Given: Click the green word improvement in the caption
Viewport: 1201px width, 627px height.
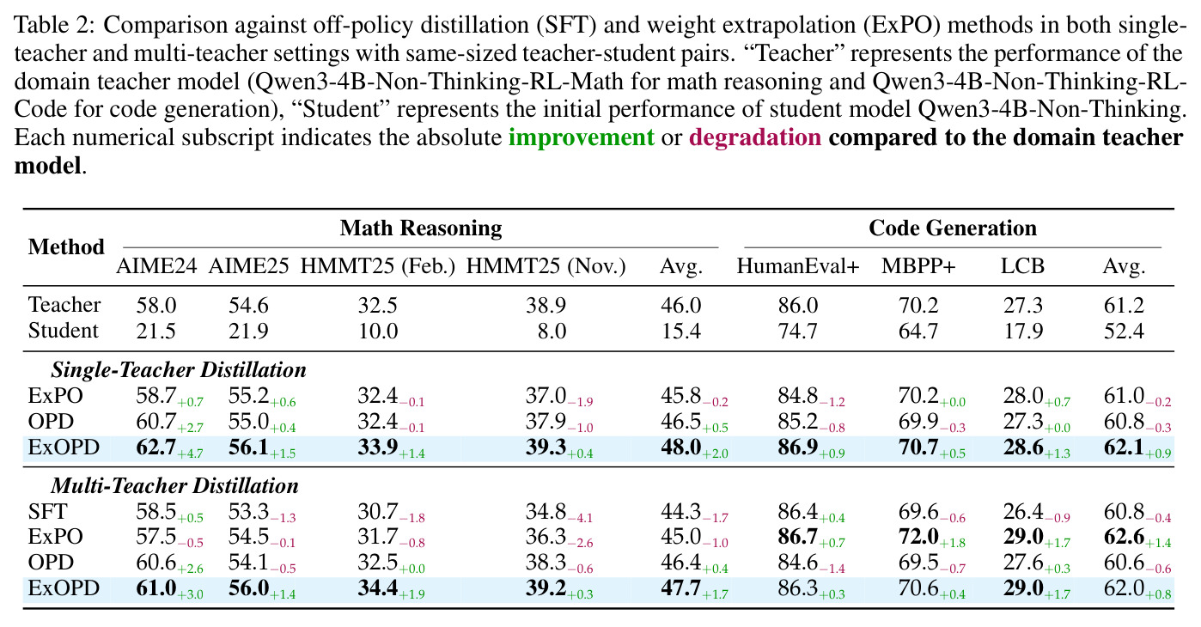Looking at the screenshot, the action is point(582,137).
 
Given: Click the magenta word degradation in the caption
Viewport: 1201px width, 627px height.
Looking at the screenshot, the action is point(755,137).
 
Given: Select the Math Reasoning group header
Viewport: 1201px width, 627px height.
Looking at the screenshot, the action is point(421,228).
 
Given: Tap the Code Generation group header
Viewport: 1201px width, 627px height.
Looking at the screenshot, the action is point(953,228).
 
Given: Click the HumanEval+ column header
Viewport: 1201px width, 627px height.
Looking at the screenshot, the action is point(798,265).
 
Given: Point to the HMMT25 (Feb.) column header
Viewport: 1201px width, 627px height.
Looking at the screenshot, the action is point(377,266).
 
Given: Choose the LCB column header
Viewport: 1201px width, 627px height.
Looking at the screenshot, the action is point(1022,265).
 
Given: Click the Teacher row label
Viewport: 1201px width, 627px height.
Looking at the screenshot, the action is point(64,305).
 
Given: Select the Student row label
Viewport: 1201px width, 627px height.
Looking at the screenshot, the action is point(64,331).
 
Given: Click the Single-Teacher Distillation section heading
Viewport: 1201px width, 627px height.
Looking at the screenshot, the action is point(179,370).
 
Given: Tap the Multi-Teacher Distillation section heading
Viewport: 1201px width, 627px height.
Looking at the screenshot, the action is point(174,485).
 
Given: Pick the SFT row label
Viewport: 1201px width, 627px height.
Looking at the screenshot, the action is point(48,511).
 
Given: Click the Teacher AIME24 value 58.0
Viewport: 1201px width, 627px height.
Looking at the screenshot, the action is point(156,306).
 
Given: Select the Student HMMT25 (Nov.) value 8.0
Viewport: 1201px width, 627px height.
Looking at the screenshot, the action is point(552,332).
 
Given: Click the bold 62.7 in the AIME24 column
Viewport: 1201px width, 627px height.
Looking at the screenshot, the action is point(156,447).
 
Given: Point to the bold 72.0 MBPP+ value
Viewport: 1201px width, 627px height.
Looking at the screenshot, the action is point(918,537).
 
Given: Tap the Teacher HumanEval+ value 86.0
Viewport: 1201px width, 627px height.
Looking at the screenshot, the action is point(798,306).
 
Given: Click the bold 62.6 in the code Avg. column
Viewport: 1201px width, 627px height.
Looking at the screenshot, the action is point(1124,537).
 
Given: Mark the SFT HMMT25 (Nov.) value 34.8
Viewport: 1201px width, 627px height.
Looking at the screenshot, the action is point(546,511).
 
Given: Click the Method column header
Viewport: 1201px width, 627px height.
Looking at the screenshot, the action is point(66,247).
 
